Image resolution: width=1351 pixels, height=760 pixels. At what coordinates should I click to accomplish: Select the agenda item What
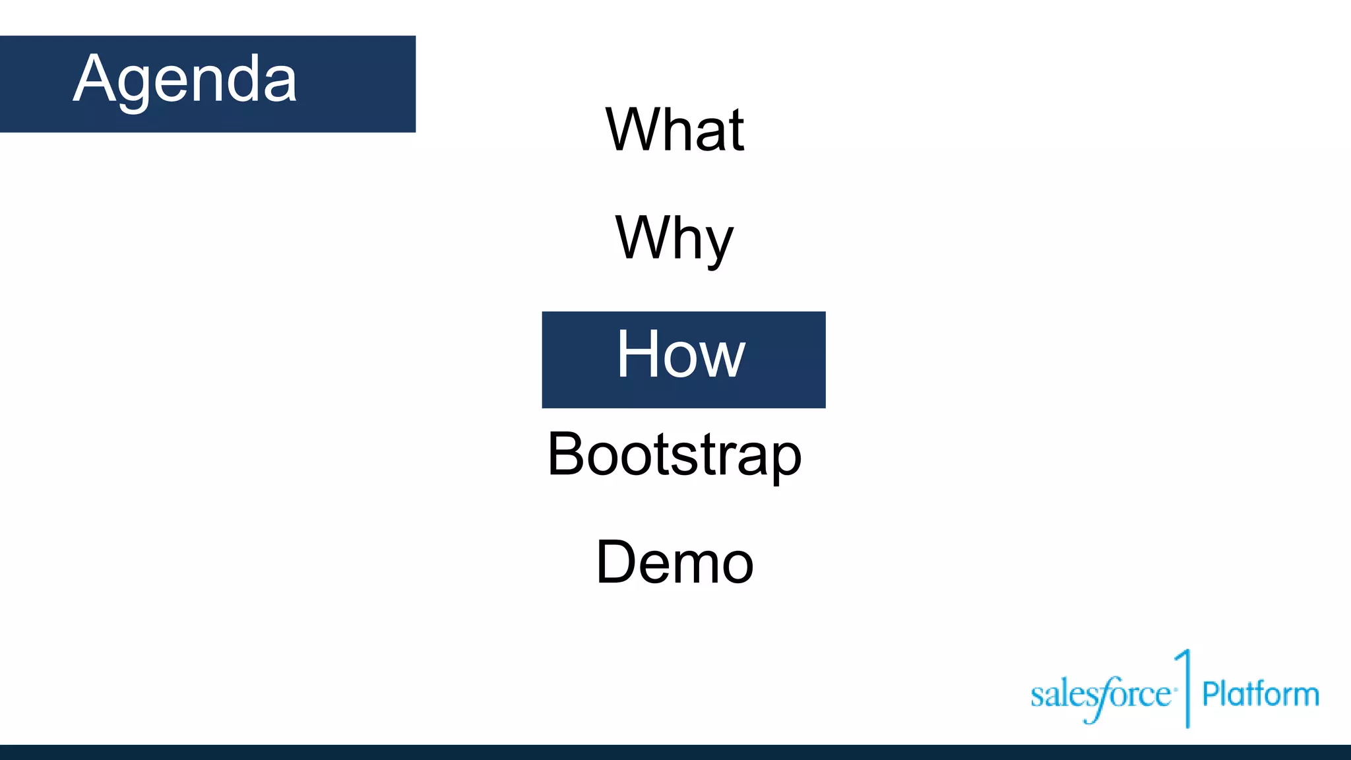point(675,130)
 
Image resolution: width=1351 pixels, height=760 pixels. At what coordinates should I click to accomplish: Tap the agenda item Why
point(674,238)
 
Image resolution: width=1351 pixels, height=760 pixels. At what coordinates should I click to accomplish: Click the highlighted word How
point(681,356)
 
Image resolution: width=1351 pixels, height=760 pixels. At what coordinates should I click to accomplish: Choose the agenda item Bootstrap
point(674,455)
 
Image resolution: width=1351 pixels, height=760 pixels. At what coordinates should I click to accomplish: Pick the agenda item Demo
point(674,563)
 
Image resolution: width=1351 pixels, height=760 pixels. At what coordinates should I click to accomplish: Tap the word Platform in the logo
point(1260,695)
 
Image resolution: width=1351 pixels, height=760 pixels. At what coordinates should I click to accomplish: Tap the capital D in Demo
point(616,562)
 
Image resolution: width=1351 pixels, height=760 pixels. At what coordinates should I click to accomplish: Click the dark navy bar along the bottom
point(675,752)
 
